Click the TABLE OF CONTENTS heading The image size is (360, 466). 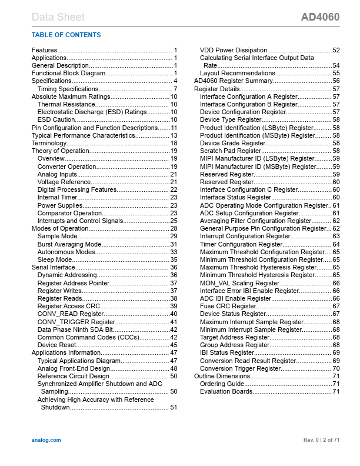point(66,35)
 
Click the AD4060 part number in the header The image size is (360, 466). point(320,17)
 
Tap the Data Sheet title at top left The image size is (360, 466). point(58,17)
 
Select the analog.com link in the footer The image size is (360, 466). point(46,440)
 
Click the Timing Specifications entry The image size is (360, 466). point(68,89)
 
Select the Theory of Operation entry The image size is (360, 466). point(62,151)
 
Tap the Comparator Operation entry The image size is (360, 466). point(69,213)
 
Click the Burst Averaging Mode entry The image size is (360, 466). point(69,244)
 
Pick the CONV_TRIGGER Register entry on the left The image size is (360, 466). point(76,322)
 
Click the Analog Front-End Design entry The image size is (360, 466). point(74,368)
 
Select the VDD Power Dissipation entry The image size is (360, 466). point(234,51)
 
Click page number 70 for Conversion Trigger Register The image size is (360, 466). point(336,368)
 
